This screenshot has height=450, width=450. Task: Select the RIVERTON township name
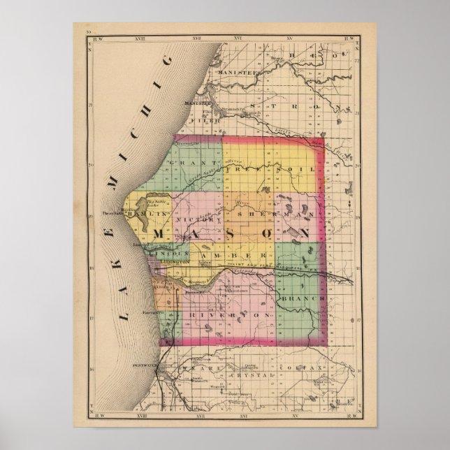pos(227,316)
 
